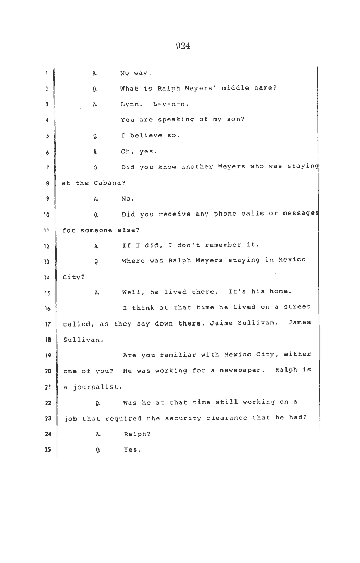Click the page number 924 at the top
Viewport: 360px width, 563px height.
point(183,46)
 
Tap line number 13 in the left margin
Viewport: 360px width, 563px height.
point(47,262)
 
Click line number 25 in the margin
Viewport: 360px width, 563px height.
point(47,449)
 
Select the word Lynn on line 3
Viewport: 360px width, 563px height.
point(132,104)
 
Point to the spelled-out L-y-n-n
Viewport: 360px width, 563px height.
point(171,104)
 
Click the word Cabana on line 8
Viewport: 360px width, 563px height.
point(109,183)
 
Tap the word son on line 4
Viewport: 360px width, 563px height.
point(235,119)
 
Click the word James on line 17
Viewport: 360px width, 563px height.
point(299,322)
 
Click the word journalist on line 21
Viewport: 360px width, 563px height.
point(97,387)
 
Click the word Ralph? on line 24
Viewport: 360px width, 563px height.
point(137,434)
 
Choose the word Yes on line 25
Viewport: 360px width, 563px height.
point(132,449)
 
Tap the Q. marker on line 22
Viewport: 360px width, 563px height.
point(98,403)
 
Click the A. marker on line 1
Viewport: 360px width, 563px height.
point(95,73)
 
